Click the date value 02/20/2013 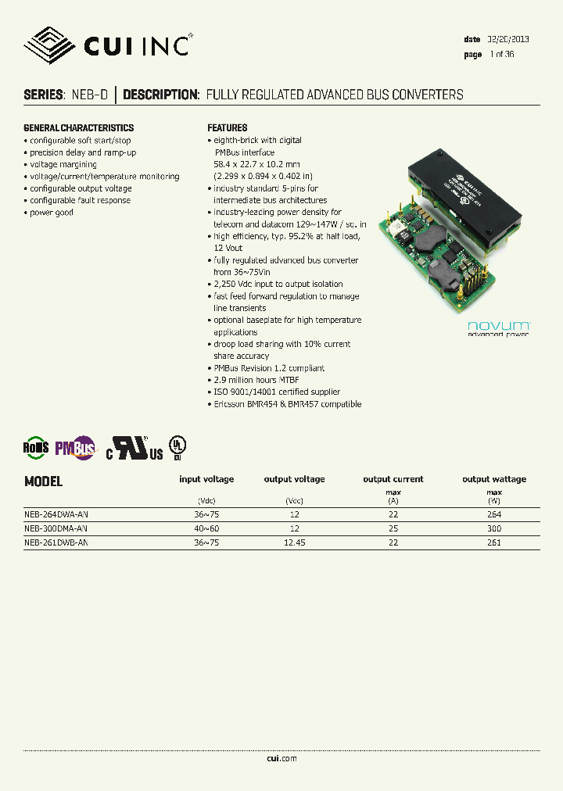click(508, 39)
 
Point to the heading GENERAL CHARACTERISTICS click(79, 128)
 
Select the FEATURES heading click(228, 128)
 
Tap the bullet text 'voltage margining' click(63, 164)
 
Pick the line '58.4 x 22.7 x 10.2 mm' click(256, 164)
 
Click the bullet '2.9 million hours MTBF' click(256, 380)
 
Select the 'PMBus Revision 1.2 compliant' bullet click(269, 368)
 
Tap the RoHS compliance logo click(36, 447)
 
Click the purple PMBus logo click(75, 447)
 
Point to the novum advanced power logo click(499, 328)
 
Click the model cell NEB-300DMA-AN click(56, 528)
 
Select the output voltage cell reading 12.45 click(294, 542)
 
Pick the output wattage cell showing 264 click(493, 515)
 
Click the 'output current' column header click(393, 479)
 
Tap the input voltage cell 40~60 click(206, 528)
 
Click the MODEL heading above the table click(44, 481)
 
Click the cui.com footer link click(281, 758)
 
